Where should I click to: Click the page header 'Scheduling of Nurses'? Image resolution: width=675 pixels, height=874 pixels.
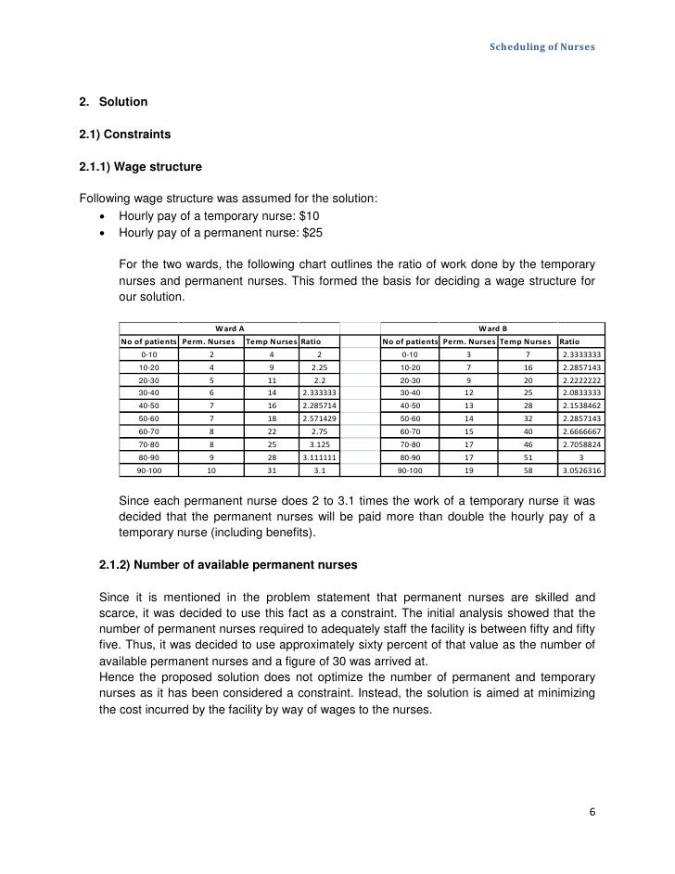[x=543, y=46]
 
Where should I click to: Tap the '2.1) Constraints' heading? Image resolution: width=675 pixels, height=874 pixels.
[x=125, y=135]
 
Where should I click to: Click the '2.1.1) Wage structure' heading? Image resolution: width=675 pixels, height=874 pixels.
[x=140, y=168]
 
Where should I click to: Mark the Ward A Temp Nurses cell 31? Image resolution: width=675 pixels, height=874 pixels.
[x=271, y=470]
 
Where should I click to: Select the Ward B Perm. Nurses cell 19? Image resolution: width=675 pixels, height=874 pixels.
[x=468, y=470]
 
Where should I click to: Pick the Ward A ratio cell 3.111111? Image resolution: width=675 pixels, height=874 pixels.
[x=319, y=457]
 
